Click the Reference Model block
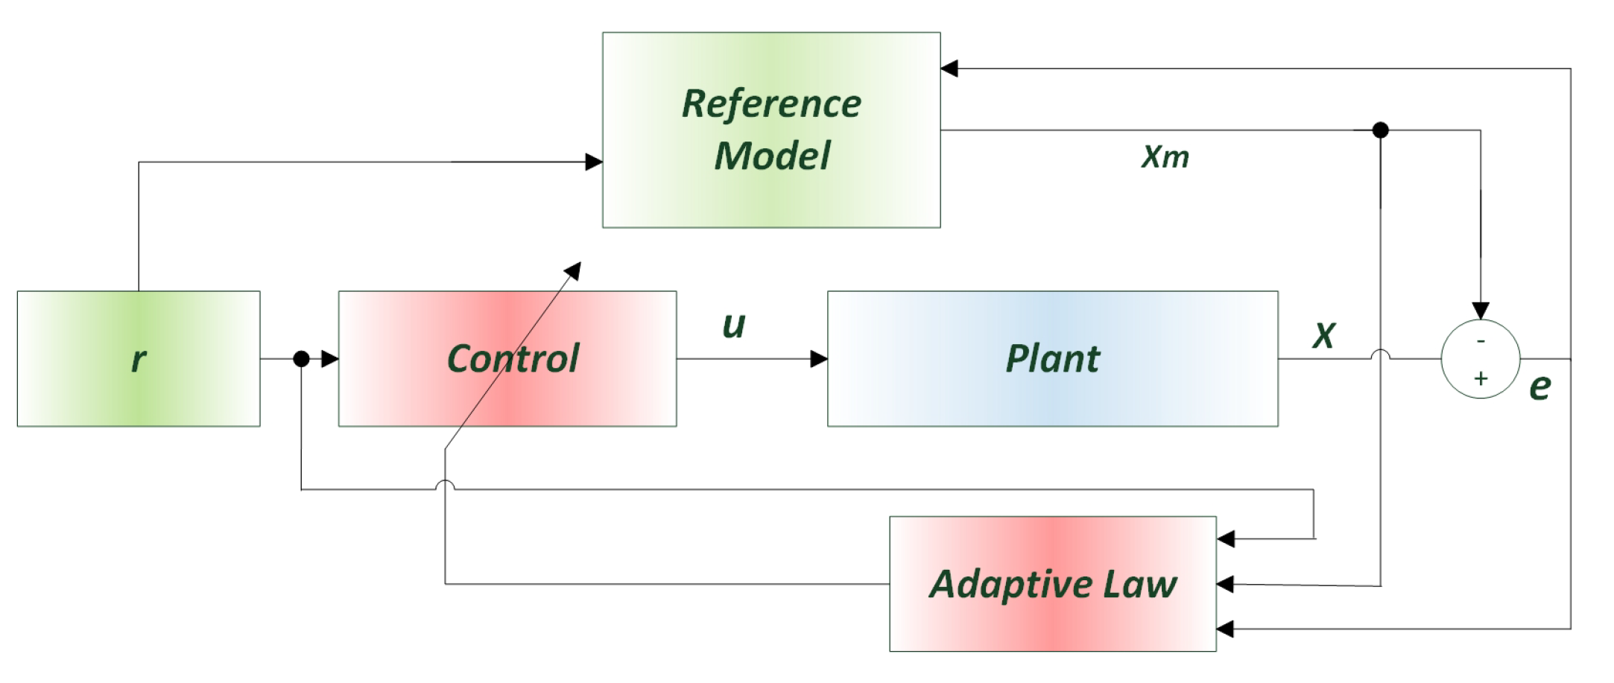(771, 130)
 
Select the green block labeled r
(139, 358)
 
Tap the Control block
(507, 358)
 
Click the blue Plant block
(1052, 358)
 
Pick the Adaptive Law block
(1052, 584)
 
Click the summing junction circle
(1480, 359)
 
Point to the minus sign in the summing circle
(1481, 340)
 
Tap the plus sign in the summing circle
(1481, 378)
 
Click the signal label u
(734, 325)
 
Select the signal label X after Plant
(1324, 335)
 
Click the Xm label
(1165, 157)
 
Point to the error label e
(1539, 387)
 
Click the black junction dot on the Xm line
(1380, 130)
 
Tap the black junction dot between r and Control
(301, 359)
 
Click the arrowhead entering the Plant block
(819, 359)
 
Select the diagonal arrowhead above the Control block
(573, 270)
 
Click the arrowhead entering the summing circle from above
(1481, 311)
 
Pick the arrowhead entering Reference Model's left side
(594, 162)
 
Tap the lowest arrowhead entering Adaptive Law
(1226, 629)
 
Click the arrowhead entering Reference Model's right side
(949, 69)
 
